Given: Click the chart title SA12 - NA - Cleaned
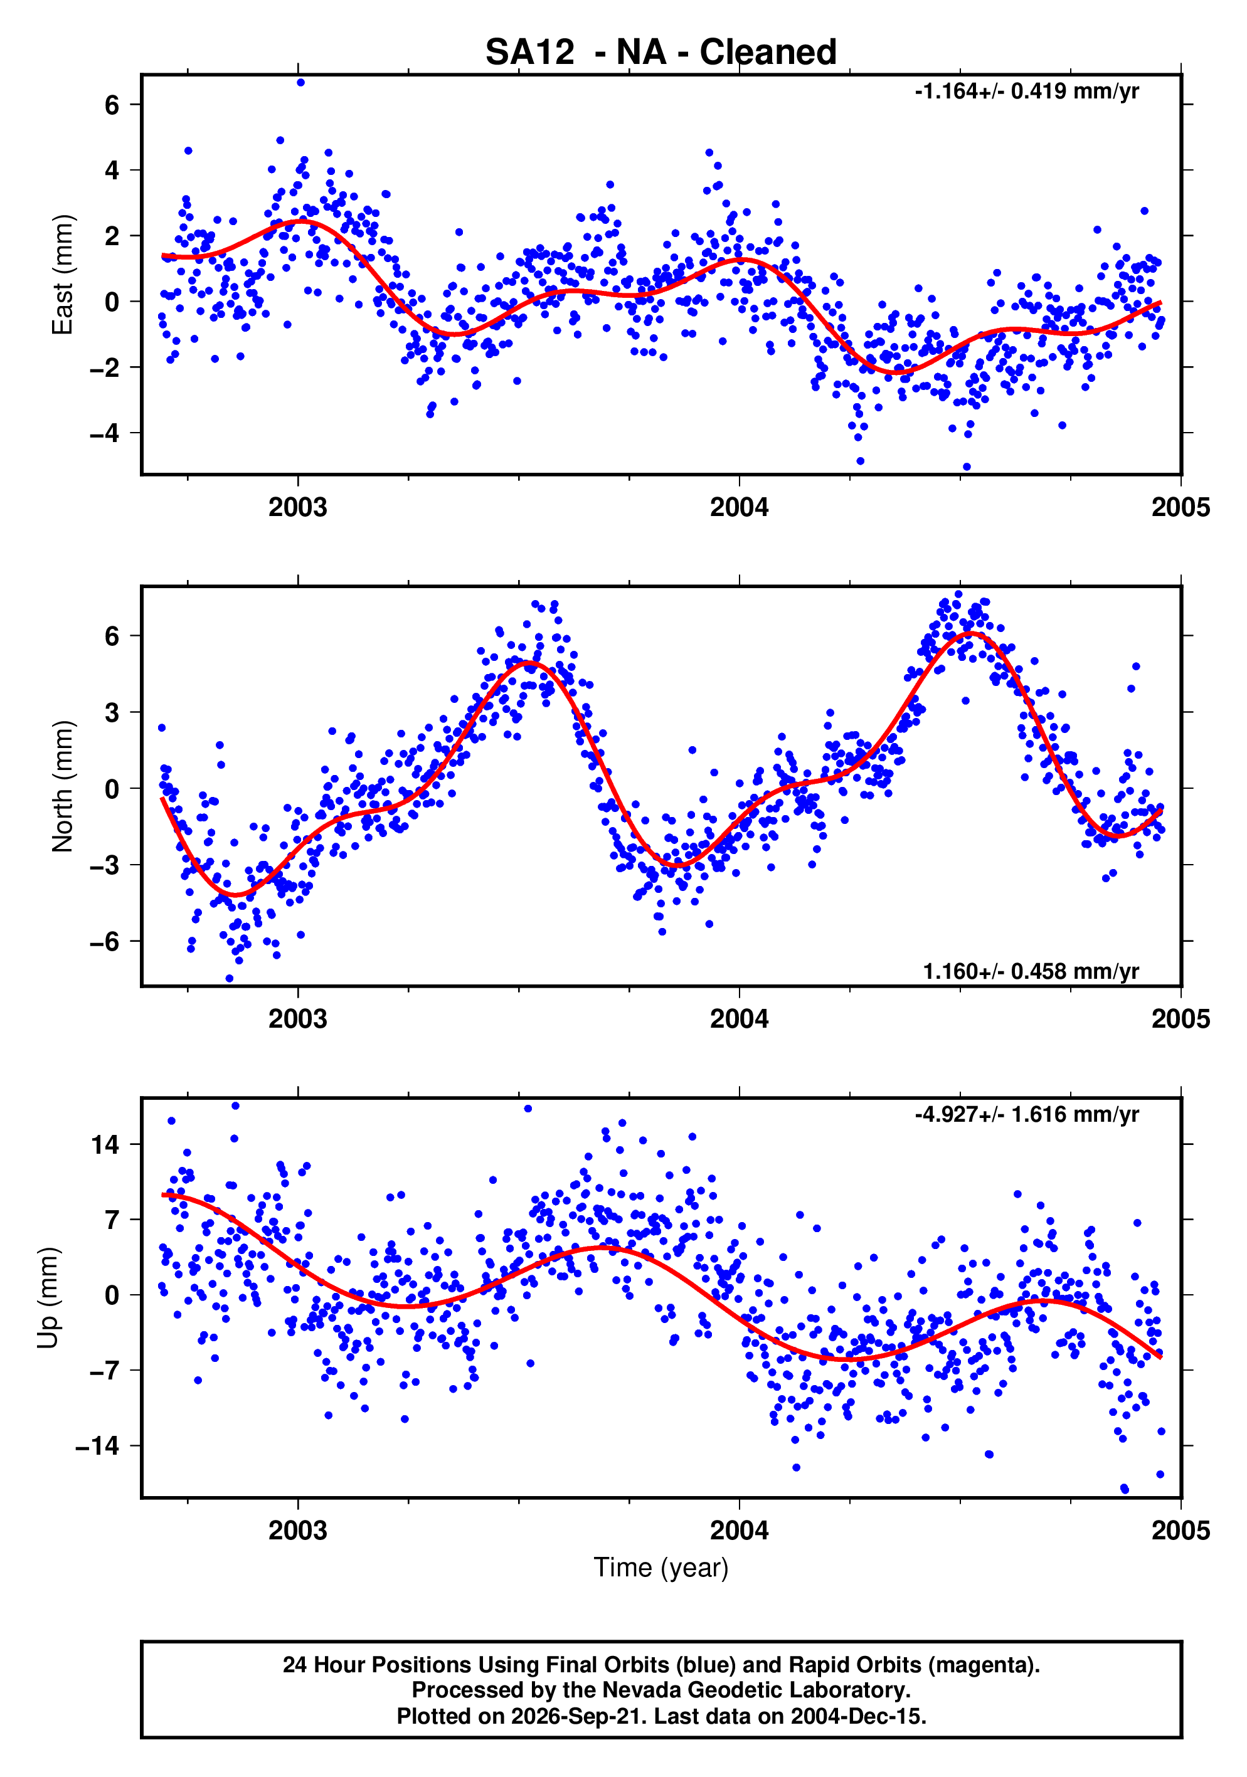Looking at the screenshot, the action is coord(661,52).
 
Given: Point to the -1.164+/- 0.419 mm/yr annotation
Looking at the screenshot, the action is coord(1026,92).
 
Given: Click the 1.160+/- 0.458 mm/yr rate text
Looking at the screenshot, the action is coord(1031,971).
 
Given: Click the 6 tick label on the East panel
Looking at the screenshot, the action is coord(112,105).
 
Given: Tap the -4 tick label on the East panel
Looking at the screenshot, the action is coord(105,433).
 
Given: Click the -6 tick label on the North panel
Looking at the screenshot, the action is coord(105,942).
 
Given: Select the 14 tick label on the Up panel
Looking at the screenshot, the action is coord(105,1144).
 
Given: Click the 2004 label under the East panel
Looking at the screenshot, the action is coord(739,508).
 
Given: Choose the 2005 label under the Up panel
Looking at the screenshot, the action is coord(1181,1531).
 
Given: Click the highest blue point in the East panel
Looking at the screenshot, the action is coord(300,83).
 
